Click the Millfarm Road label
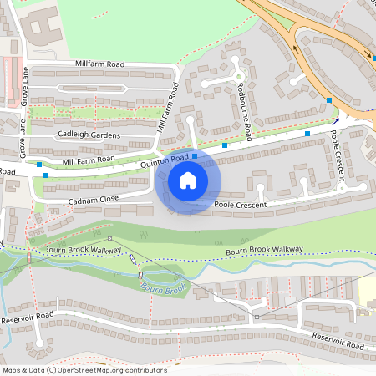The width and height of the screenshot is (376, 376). click(x=99, y=64)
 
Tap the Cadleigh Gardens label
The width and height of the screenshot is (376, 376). click(x=89, y=135)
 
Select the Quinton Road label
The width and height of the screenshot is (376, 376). click(x=165, y=160)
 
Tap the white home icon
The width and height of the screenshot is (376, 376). click(x=188, y=180)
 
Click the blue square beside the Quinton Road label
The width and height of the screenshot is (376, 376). click(x=195, y=155)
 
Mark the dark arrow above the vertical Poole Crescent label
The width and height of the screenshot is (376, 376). click(x=335, y=121)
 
